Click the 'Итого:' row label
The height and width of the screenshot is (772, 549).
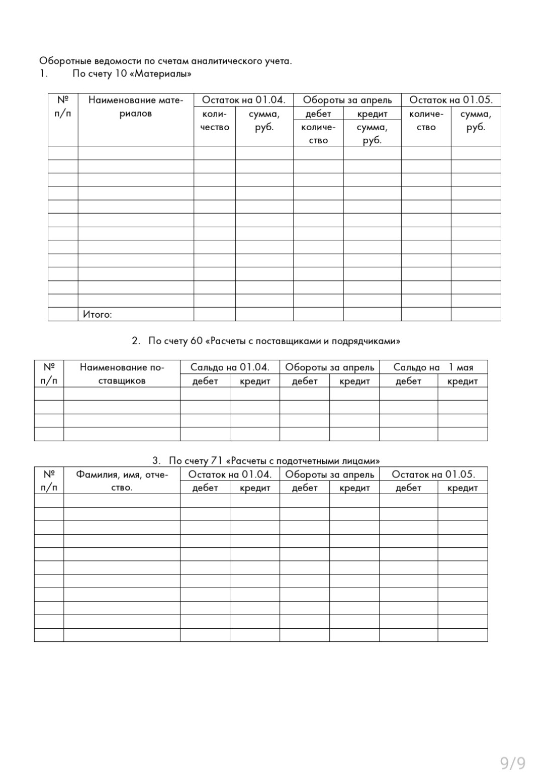[98, 315]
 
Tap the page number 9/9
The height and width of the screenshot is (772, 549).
[512, 763]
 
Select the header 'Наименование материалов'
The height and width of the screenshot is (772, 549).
[136, 107]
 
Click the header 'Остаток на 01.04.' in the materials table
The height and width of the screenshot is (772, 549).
[243, 100]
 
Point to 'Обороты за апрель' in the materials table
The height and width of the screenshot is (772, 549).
[347, 100]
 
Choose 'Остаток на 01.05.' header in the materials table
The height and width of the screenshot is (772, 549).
[451, 100]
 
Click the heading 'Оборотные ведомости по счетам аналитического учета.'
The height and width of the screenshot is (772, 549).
[165, 61]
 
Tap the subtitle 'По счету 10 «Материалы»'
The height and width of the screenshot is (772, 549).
[132, 74]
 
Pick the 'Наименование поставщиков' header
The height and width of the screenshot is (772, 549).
[122, 374]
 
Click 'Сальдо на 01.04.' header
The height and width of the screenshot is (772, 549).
[230, 367]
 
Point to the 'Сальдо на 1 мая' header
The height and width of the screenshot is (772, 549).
[433, 367]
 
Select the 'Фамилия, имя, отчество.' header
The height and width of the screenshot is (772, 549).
[122, 481]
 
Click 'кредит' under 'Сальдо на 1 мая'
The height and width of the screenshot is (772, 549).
[463, 381]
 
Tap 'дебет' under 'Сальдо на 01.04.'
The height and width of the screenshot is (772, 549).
[205, 381]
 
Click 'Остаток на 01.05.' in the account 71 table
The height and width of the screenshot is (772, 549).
[433, 474]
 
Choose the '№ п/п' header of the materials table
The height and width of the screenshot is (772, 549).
[63, 107]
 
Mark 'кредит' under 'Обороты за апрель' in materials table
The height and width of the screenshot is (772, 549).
[372, 114]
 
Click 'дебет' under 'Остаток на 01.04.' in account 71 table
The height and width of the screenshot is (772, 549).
[205, 488]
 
